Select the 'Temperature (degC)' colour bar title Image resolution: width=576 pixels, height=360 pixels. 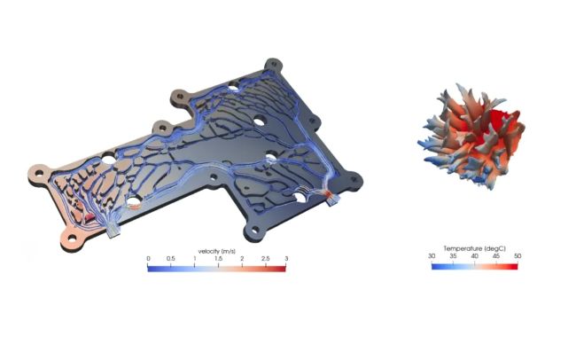tap(474, 248)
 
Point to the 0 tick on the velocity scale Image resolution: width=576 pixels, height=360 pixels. tap(148, 259)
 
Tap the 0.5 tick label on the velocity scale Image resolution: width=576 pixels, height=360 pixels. tap(170, 259)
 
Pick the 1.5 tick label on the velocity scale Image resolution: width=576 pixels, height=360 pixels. tap(218, 259)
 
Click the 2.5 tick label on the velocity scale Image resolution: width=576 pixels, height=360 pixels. tap(265, 259)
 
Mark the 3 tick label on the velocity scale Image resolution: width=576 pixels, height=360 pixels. tap(286, 259)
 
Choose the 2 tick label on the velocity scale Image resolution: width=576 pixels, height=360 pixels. tap(242, 259)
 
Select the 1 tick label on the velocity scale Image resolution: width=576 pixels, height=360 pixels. tap(195, 259)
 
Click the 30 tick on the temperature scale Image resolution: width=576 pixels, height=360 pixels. tap(432, 256)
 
